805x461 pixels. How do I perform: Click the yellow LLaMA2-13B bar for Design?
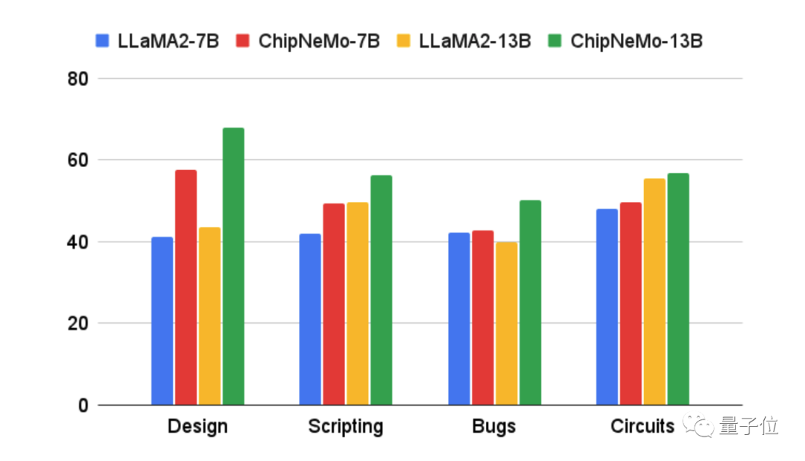209,316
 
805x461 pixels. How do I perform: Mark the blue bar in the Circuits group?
607,307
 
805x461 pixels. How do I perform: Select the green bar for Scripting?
381,290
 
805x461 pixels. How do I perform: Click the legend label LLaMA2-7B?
168,40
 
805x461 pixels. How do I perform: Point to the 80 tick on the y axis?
78,78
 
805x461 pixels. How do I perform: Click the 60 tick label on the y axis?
78,160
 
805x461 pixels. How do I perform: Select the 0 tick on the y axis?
82,406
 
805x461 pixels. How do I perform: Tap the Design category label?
198,427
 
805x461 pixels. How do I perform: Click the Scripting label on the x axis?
345,427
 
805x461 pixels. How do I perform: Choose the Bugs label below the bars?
494,427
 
